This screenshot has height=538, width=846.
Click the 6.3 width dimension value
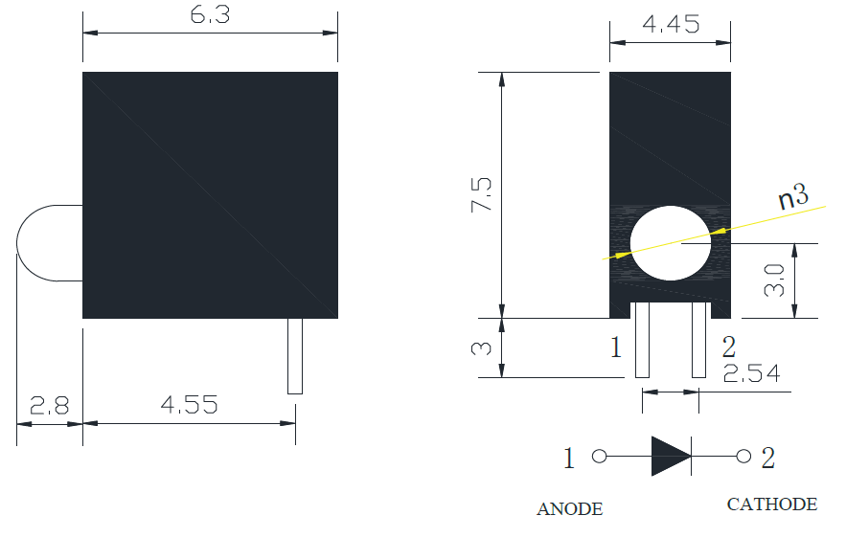[210, 14]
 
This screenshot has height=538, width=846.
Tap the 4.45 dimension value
[671, 24]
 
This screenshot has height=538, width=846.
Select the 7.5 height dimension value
[481, 194]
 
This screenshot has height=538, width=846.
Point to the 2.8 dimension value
[49, 405]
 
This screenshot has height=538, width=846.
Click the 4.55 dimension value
[190, 405]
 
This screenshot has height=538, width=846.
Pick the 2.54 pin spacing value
[751, 373]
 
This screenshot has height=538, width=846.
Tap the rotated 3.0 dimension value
[774, 280]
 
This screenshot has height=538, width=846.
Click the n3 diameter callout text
[793, 197]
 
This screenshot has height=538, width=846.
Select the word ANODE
[570, 509]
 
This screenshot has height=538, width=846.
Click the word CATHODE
[772, 504]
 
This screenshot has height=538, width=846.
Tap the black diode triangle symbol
[672, 456]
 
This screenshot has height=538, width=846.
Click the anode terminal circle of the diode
[600, 457]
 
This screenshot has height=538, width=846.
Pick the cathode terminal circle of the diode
[743, 457]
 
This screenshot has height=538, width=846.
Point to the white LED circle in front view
[670, 243]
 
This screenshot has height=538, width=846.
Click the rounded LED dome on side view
[50, 243]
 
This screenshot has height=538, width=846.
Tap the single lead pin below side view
[295, 356]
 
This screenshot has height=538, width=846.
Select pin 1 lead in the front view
[642, 340]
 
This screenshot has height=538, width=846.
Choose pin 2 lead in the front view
[698, 340]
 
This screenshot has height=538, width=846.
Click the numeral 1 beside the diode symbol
[569, 459]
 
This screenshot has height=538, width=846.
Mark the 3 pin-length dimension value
[481, 348]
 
